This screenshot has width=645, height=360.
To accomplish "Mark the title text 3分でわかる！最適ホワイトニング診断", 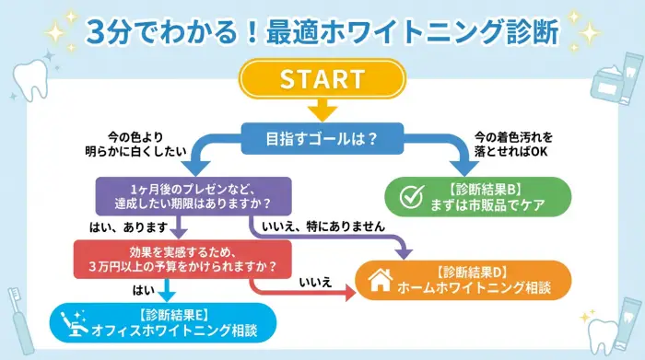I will click(x=322, y=31).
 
